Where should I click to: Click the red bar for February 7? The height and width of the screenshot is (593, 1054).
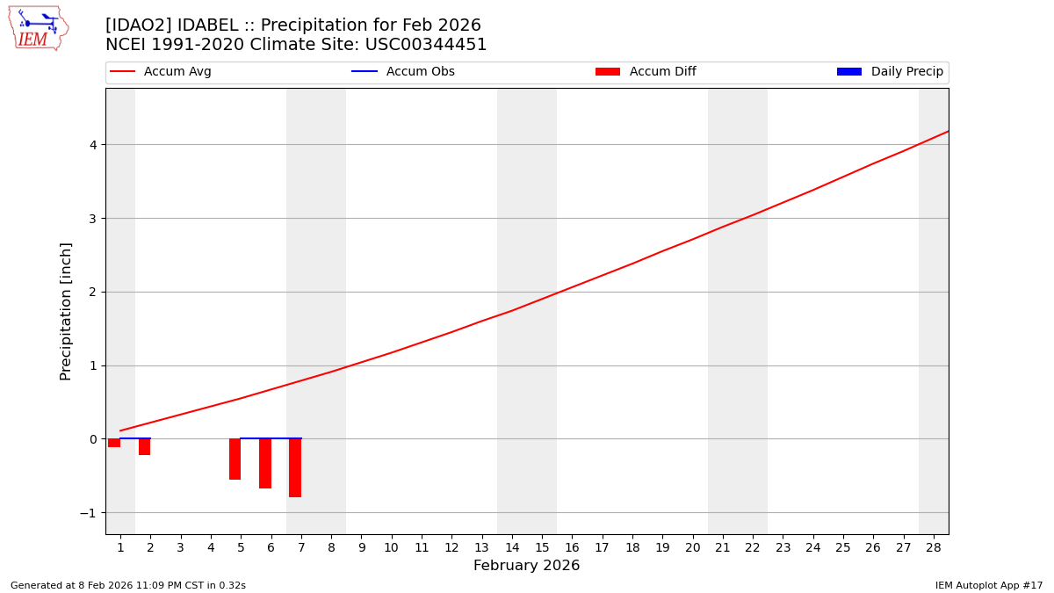tap(295, 467)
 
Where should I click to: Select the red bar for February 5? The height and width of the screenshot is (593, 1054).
tap(235, 459)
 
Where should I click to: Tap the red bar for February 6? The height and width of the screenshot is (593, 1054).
tap(265, 463)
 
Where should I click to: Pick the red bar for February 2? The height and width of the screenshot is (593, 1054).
tap(144, 446)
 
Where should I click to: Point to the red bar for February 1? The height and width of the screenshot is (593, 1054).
tap(114, 443)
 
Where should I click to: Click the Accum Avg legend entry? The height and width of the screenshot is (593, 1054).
tap(162, 72)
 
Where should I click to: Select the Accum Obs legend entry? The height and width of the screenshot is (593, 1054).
tap(404, 72)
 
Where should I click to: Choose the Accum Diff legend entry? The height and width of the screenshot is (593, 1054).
tap(646, 72)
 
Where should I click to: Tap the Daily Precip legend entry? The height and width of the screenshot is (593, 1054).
tap(891, 72)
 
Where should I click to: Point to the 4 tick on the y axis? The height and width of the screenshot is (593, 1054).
tap(92, 144)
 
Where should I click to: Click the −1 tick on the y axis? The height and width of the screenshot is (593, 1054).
tap(89, 512)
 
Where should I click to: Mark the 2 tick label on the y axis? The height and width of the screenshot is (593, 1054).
tap(92, 292)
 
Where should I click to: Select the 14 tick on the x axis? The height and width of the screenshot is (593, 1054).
tap(512, 547)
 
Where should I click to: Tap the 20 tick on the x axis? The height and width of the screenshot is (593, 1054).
tap(693, 547)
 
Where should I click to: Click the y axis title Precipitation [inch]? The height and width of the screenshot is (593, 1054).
tap(66, 311)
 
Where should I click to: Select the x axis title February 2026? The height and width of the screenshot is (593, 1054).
tap(526, 566)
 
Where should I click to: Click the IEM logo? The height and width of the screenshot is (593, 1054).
tap(38, 28)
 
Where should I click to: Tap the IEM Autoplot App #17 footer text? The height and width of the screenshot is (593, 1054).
tap(988, 585)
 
